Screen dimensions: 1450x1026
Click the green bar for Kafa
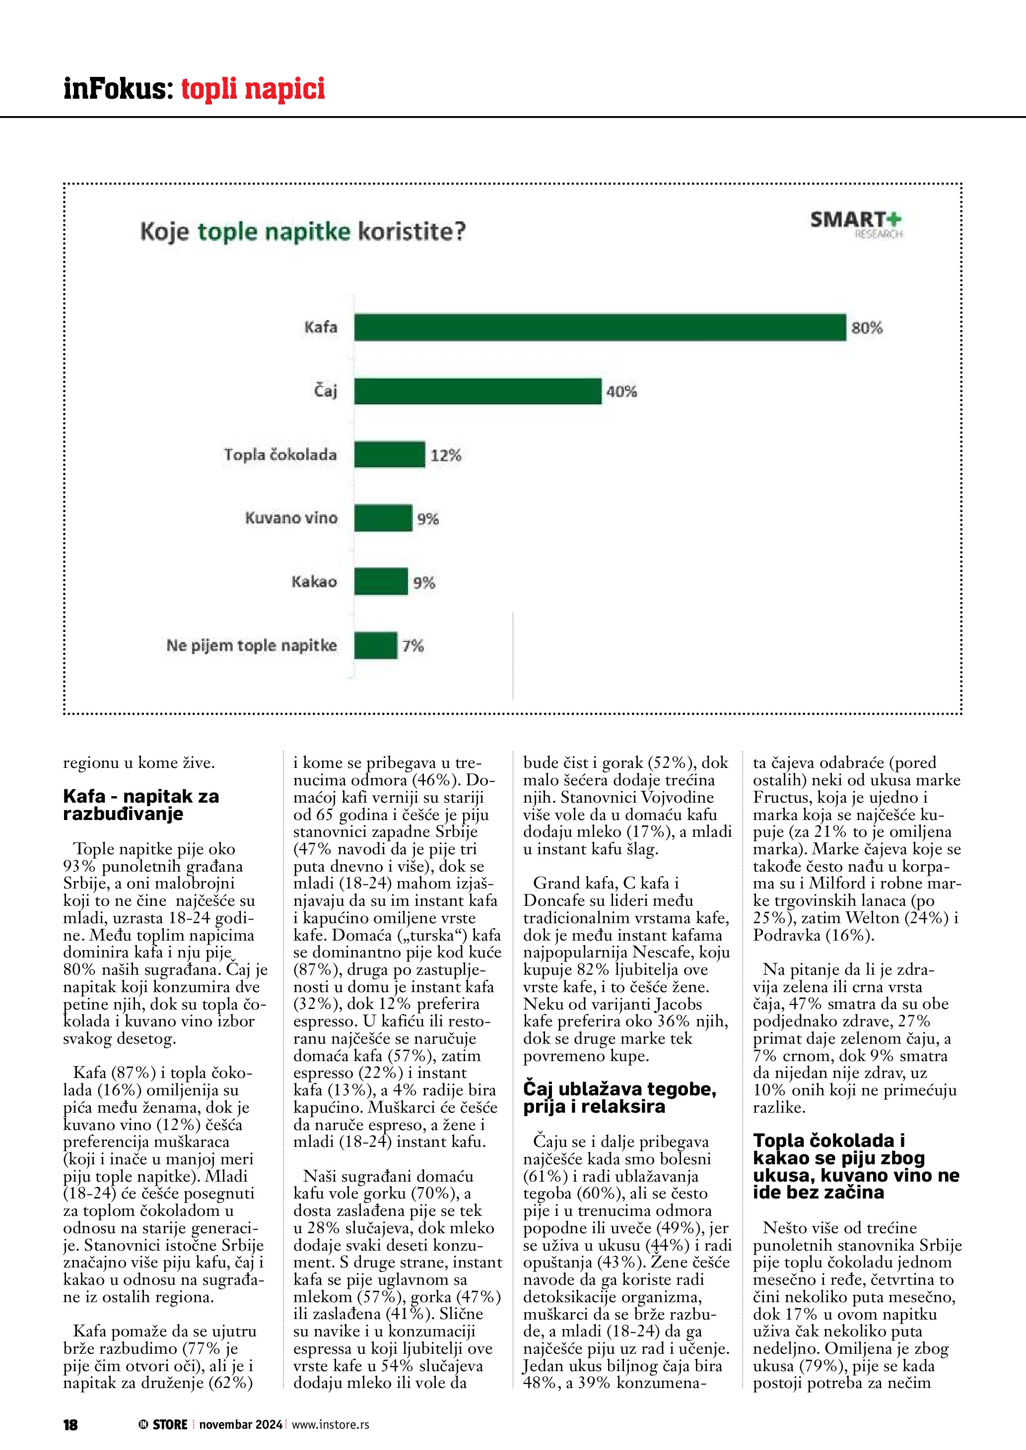coord(600,327)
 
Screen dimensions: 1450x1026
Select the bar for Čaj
coord(478,391)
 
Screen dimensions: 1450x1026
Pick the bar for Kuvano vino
coord(383,518)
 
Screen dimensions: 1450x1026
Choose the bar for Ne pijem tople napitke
coord(375,645)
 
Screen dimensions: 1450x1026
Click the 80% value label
coord(867,328)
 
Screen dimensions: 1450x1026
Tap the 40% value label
coord(621,391)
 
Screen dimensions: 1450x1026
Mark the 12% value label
coord(446,455)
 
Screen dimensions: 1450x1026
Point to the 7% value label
coord(413,646)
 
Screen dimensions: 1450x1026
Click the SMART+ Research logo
coord(856,224)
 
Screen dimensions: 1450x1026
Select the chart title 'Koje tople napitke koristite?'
coord(303,231)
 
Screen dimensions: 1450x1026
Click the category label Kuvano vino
coord(291,518)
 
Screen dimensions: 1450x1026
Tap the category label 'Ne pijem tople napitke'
coord(252,645)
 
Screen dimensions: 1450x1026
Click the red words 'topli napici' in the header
coord(253,88)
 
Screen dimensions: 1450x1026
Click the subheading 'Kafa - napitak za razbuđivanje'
coord(141,805)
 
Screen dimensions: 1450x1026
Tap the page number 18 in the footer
coord(70,1424)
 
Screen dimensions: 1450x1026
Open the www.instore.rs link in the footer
coord(331,1424)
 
